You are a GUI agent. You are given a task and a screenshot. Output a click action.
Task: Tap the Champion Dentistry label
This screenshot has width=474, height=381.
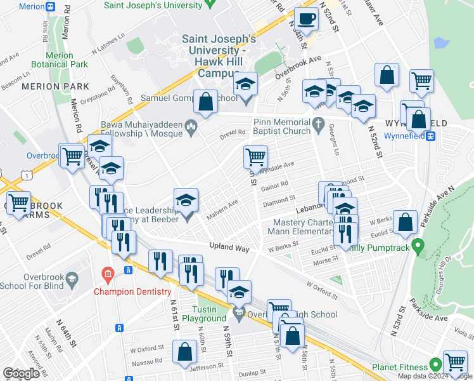coord(132,291)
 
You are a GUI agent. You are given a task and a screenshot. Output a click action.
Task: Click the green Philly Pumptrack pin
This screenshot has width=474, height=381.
coord(417,244)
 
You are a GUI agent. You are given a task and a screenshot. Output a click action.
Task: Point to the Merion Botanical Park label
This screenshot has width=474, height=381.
coord(60,60)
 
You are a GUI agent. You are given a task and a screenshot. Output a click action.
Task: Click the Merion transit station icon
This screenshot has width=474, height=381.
coord(50,6)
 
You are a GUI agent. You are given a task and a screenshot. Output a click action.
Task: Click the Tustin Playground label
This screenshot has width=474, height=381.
coord(200,313)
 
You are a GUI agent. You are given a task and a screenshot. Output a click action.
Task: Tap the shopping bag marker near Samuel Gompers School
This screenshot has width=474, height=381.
coord(205,101)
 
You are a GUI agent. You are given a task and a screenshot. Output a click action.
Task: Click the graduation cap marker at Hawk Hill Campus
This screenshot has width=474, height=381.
coord(245,84)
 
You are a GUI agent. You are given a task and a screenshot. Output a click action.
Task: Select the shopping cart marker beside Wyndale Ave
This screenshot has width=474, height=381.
coord(255,156)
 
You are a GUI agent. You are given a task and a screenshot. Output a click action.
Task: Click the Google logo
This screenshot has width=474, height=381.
coord(21,373)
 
